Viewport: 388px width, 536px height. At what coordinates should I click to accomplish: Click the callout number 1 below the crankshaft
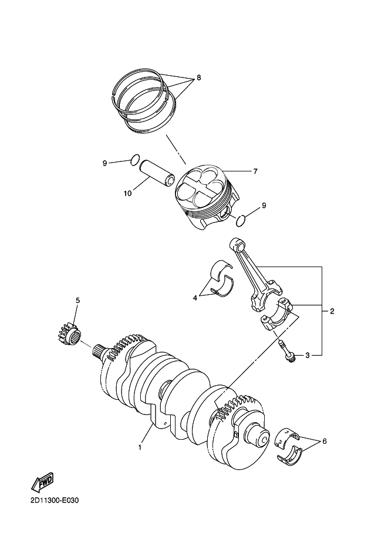click(140, 448)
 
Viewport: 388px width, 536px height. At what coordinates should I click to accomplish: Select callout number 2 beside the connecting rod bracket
click(332, 311)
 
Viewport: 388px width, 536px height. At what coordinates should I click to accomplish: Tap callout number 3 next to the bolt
click(306, 356)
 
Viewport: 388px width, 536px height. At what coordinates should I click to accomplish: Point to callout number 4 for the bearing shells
click(195, 298)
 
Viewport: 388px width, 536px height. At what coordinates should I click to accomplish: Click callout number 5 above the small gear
click(77, 301)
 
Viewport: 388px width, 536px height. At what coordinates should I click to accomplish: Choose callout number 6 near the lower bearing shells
click(325, 441)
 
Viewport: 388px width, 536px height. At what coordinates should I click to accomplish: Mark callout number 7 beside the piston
click(255, 172)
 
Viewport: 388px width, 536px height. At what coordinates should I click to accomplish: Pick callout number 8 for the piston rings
click(198, 77)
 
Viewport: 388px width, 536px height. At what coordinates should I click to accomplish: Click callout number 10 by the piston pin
click(127, 192)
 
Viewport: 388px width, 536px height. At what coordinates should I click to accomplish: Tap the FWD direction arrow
click(42, 483)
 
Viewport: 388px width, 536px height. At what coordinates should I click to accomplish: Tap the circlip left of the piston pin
click(134, 159)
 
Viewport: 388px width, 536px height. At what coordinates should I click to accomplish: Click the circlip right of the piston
click(239, 220)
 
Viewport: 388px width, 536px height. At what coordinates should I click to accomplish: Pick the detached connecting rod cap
click(275, 319)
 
